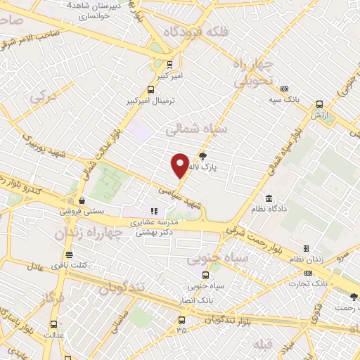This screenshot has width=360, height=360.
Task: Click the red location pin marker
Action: click(180, 165)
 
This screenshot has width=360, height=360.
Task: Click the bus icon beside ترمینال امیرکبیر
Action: click(150, 89)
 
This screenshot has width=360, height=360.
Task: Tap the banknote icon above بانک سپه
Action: click(284, 89)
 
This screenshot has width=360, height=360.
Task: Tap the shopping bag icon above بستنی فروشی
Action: click(82, 200)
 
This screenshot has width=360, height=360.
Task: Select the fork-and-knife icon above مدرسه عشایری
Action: click(155, 211)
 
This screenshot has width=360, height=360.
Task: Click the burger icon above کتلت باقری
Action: click(69, 255)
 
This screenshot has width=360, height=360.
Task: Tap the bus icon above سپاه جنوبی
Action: click(194, 276)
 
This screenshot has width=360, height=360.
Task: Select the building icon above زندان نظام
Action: click(306, 249)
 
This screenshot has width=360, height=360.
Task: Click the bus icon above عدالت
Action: click(55, 325)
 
